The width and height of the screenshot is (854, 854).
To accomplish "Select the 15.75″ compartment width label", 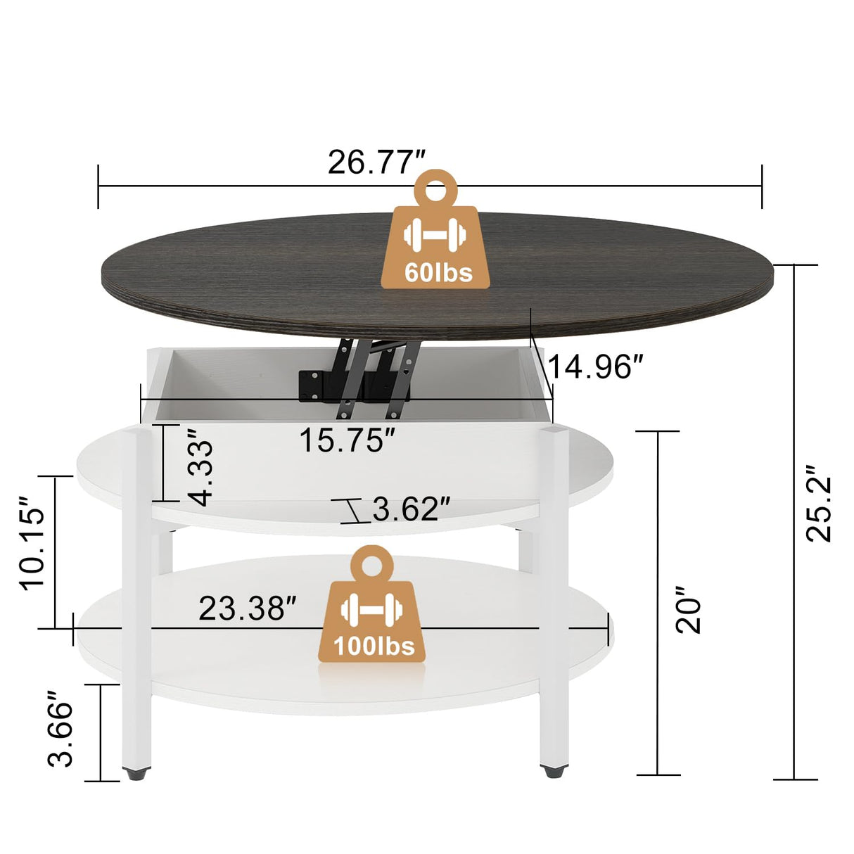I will click(347, 441).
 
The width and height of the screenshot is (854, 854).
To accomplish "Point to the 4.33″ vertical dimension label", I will click(201, 472).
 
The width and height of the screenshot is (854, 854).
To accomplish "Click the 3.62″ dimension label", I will click(411, 509).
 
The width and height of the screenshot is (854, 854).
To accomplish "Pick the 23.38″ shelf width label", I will click(248, 608).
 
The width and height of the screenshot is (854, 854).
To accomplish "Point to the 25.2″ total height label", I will click(819, 504).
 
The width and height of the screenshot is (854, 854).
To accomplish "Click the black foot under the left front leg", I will click(135, 774).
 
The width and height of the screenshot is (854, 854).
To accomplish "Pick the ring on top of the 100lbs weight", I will click(370, 563).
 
